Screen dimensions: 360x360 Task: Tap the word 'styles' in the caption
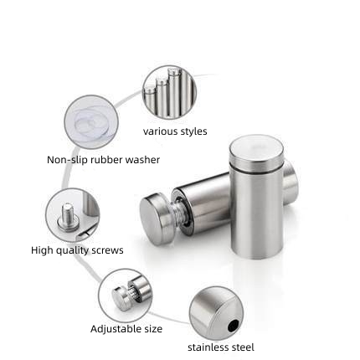[193, 131]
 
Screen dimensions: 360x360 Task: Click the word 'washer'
[142, 160]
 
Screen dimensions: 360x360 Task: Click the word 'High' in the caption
[42, 250]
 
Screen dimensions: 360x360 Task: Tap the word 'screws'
[107, 250]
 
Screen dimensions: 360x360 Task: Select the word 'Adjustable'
[116, 329]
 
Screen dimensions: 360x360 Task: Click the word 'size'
[153, 329]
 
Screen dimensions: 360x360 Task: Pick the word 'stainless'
[208, 347]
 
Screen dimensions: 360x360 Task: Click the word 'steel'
[243, 347]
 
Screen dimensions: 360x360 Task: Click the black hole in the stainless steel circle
[233, 326]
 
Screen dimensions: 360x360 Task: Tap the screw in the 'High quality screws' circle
[68, 218]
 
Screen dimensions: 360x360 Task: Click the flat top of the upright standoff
[256, 149]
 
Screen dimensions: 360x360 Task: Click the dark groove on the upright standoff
[256, 169]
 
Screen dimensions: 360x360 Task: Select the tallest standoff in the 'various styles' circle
[175, 92]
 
